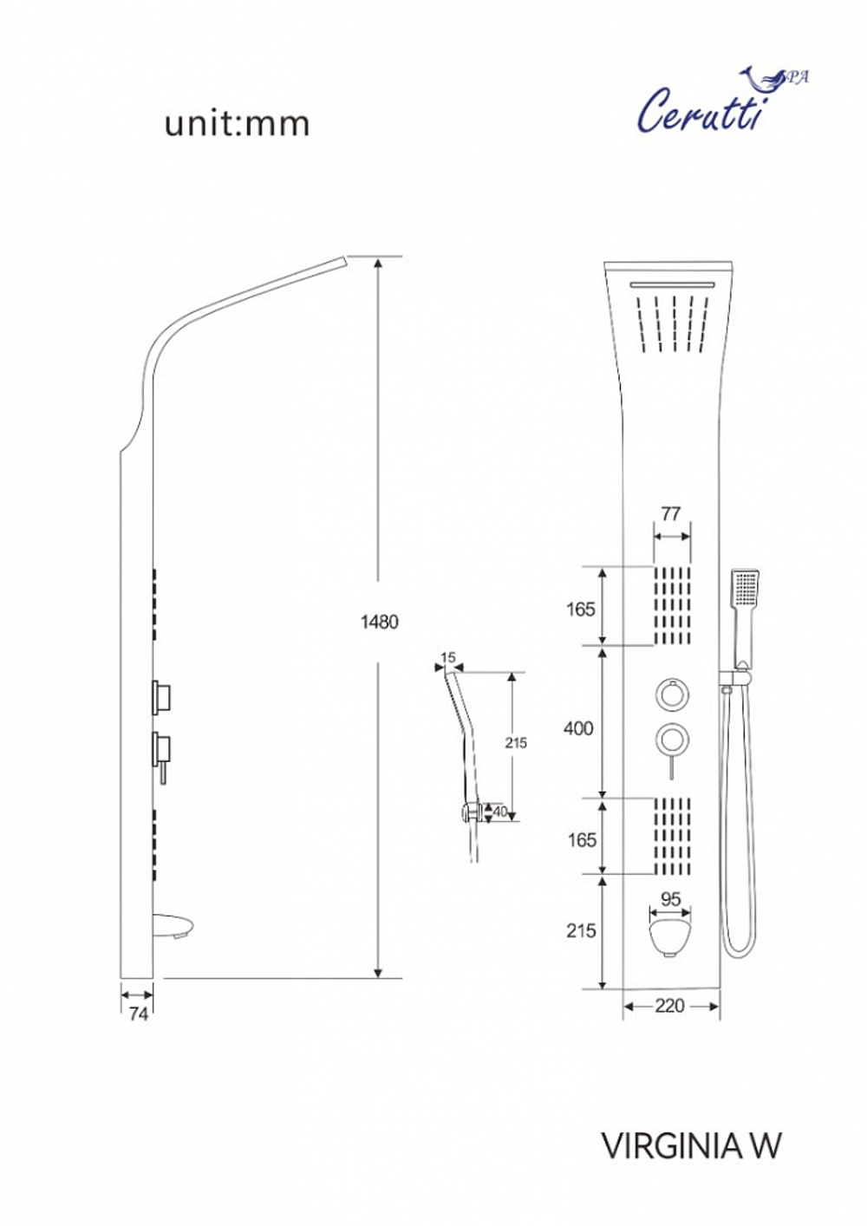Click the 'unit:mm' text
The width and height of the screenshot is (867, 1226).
point(237,124)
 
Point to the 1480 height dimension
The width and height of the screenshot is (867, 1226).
point(380,622)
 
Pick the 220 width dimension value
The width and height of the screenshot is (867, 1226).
point(669,1006)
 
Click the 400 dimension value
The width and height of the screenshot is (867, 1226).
point(578,728)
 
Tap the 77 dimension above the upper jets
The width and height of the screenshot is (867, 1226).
point(671,514)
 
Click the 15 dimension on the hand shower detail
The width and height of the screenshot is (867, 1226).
point(447,657)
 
